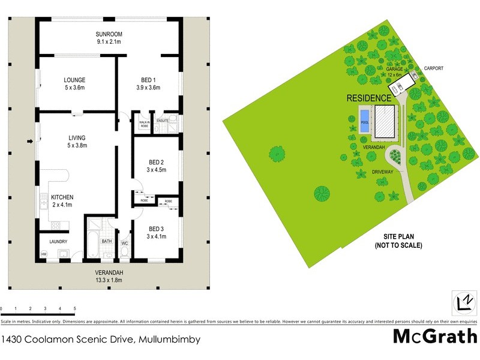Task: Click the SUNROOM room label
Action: point(109,37)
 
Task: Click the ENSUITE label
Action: point(163,121)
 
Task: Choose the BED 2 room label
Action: point(156,166)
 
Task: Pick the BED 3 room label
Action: point(156,233)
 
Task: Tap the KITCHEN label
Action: point(62,200)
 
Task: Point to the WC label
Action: point(125,244)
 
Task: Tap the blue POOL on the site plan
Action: point(364,121)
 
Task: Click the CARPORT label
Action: point(433,68)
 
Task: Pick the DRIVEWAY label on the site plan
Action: point(382,172)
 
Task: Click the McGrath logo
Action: point(435,335)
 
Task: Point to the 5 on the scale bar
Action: point(75,308)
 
